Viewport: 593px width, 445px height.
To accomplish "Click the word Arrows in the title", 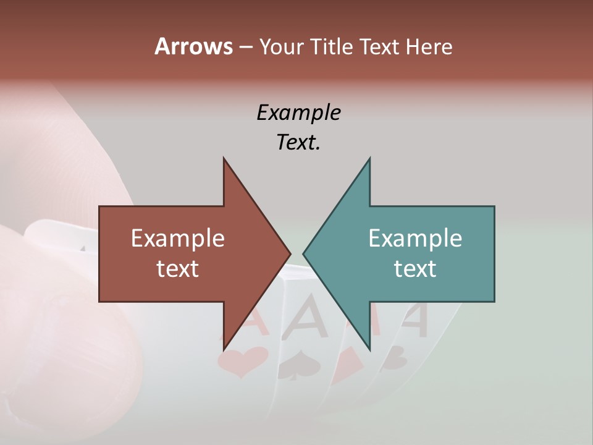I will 193,46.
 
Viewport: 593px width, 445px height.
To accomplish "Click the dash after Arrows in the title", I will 245,48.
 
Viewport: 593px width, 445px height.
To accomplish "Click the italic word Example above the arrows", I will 298,113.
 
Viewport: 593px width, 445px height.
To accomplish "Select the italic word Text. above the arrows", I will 298,143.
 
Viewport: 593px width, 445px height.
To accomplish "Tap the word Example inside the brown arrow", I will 178,239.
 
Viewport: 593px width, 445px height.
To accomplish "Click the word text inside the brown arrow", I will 178,269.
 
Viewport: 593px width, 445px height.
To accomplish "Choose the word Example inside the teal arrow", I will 415,239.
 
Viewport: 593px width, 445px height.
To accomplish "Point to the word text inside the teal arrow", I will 415,269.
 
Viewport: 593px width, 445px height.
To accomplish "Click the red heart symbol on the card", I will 242,361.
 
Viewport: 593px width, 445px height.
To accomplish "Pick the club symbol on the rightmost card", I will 395,357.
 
